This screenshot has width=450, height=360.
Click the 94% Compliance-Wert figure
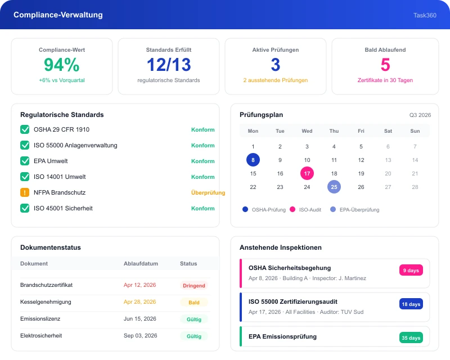[x=62, y=65]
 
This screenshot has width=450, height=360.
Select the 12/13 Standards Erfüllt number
[x=169, y=65]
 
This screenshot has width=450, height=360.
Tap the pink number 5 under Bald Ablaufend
[x=385, y=65]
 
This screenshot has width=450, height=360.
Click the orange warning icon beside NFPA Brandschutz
[x=25, y=192]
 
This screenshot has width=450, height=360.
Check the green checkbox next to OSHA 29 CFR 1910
[x=25, y=129]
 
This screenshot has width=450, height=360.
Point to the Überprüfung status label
[x=208, y=192]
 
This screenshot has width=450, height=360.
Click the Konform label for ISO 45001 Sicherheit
[x=203, y=209]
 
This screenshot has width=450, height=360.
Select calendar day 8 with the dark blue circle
[x=253, y=160]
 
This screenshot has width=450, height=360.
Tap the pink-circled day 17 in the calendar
[x=307, y=173]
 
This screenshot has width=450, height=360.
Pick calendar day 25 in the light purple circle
[x=334, y=187]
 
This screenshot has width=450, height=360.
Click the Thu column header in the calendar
[x=334, y=131]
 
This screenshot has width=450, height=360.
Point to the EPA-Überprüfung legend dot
[x=333, y=209]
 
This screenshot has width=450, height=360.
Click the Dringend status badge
[x=194, y=286]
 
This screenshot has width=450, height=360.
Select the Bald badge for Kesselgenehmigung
[x=194, y=302]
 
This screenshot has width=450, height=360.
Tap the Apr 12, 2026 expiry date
[x=139, y=285]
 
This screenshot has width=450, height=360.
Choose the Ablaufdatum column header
[x=141, y=264]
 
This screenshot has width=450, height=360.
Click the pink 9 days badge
[x=411, y=270]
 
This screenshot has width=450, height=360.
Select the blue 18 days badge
[x=411, y=304]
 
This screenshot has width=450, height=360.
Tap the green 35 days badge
[x=411, y=338]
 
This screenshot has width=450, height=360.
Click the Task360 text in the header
[x=425, y=15]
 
